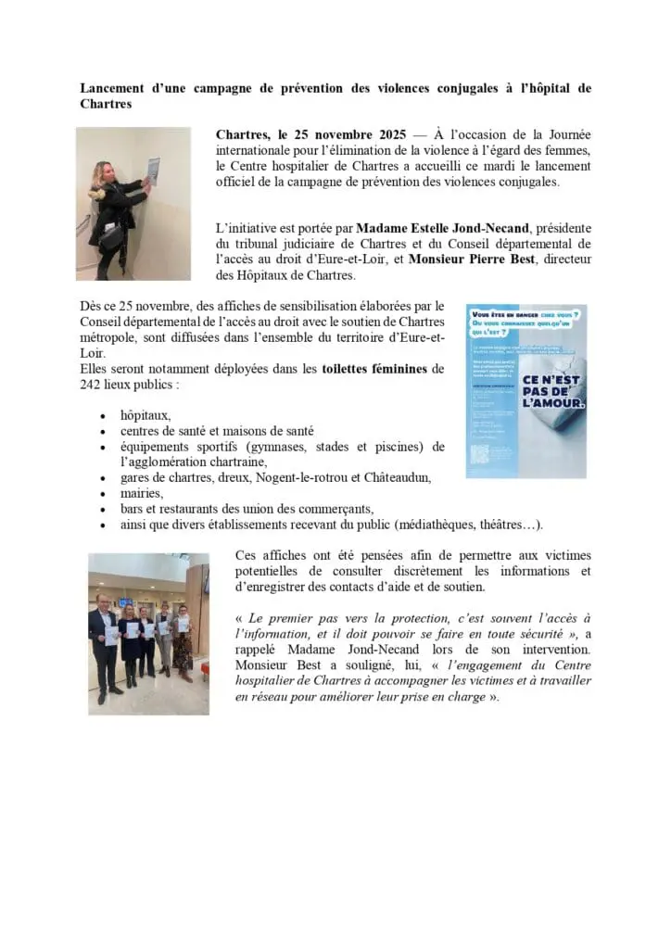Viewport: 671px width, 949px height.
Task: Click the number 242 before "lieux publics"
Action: (x=91, y=384)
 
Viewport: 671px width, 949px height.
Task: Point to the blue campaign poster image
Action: (x=525, y=390)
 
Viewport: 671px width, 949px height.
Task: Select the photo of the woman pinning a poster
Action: (x=133, y=203)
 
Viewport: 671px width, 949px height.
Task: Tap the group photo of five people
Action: (x=148, y=633)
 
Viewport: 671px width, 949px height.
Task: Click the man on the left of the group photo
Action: (x=105, y=639)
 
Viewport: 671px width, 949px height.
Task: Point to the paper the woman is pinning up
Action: (x=153, y=170)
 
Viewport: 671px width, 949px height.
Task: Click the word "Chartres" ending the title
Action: (x=106, y=104)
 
